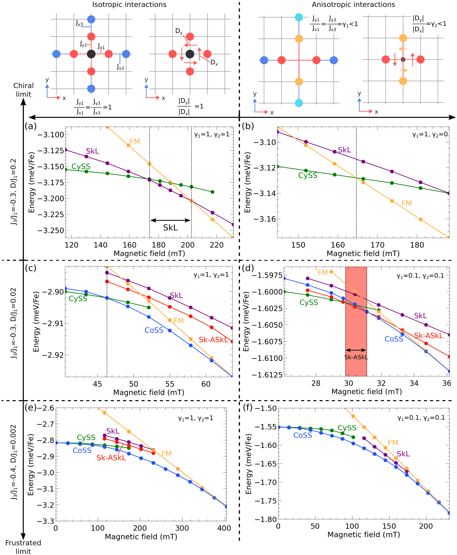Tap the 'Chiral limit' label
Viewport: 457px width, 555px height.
click(24, 90)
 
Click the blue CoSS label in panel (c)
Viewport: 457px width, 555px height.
click(154, 330)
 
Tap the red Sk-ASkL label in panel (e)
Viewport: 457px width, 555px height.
click(111, 458)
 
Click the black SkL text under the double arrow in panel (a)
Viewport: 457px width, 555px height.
click(170, 228)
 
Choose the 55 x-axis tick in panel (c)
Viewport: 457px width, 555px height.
click(170, 384)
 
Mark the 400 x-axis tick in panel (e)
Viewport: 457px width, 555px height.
click(224, 528)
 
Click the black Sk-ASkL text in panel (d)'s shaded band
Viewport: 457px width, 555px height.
click(356, 357)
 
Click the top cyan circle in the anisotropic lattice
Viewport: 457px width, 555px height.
click(299, 17)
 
